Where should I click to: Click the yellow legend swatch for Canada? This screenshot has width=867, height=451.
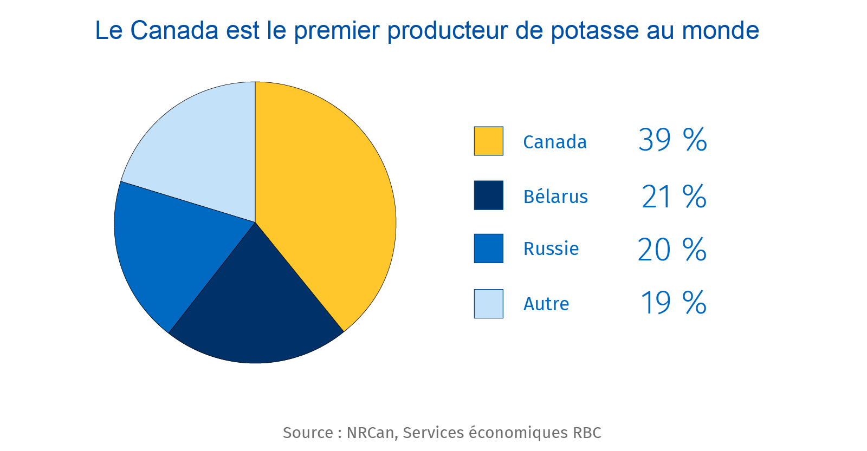point(488,141)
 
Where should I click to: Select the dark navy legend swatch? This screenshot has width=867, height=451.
point(488,195)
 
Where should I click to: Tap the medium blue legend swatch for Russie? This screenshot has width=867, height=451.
point(488,249)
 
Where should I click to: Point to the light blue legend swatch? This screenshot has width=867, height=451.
point(488,304)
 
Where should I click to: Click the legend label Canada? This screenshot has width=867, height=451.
point(555,142)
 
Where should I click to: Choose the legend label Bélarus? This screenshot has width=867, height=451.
point(555,196)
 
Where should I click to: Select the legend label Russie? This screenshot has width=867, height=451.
point(551,249)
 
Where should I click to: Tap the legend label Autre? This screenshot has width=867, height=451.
point(546,304)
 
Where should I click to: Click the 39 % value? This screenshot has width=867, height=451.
point(672,140)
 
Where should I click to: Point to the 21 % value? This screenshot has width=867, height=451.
point(674,196)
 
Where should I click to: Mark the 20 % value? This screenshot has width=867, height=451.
point(672,250)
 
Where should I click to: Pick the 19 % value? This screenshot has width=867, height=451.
point(673,303)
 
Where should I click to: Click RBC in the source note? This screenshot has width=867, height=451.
point(587,433)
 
